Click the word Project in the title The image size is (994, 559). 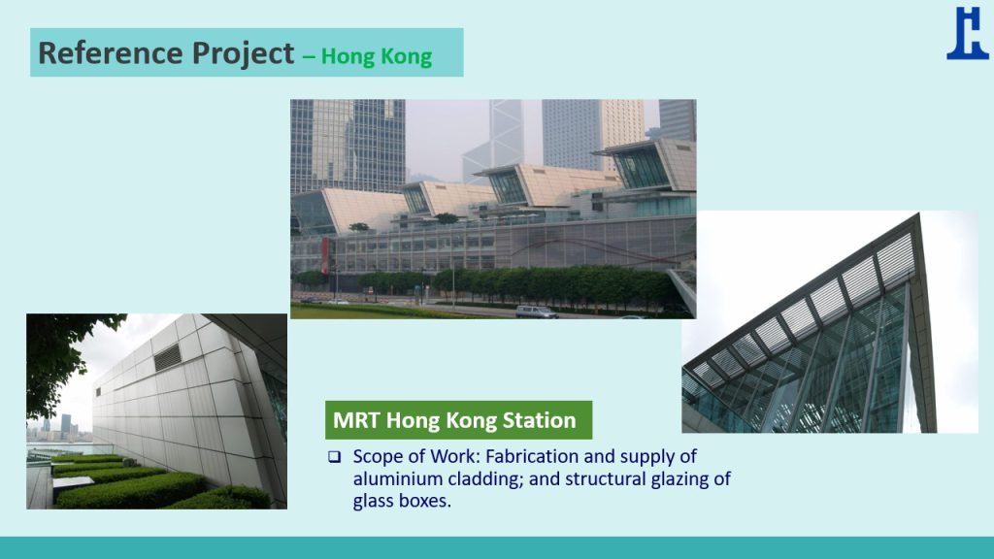coord(244,54)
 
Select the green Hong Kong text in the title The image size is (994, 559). coord(377,56)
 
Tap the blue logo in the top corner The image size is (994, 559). coord(968,34)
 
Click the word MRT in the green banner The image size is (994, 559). coord(356,420)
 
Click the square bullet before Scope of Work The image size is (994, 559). coord(335,457)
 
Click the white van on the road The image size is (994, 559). coord(536,312)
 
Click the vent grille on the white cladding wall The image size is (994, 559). coord(168,357)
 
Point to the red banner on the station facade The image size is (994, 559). coord(325,255)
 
